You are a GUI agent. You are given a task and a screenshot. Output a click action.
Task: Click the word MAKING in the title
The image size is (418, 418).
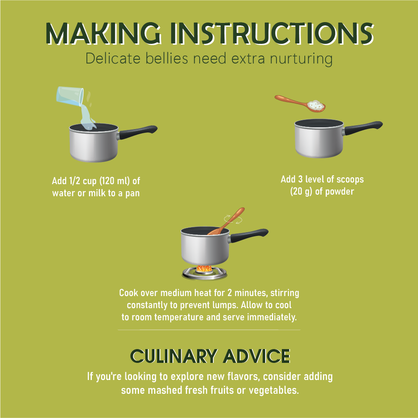103,33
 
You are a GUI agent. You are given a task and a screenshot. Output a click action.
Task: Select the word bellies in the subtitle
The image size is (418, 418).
167,58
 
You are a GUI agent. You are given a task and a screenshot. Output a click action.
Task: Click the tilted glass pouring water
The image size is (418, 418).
70,96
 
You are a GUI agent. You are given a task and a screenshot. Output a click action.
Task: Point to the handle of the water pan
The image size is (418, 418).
137,132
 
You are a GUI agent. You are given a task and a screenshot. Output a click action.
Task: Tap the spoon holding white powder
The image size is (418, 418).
300,104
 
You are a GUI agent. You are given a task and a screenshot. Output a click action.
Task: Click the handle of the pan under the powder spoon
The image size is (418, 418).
362,128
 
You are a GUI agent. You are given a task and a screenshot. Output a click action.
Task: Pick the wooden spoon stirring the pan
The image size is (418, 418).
227,221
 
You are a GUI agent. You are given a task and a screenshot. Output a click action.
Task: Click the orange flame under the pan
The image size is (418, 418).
204,269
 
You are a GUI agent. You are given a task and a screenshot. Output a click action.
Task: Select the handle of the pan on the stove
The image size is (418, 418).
248,236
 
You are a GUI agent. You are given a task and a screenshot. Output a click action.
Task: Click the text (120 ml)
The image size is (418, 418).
115,181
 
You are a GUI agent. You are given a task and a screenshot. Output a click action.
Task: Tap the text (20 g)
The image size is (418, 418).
301,191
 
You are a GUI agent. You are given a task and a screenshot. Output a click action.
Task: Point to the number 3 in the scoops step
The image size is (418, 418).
300,179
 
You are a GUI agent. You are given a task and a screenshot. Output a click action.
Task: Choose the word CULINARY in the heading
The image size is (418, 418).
174,356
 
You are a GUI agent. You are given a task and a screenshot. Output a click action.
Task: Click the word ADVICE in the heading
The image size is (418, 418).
257,356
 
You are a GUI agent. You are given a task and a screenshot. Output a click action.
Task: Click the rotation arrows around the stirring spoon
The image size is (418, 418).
233,219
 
